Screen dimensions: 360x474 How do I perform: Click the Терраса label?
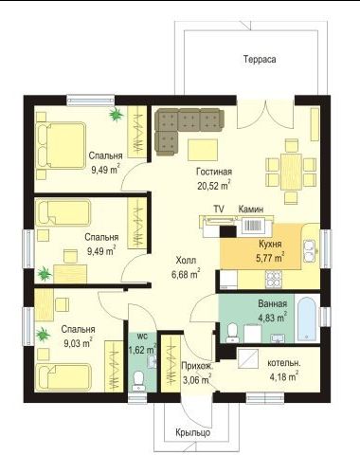tap(260, 59)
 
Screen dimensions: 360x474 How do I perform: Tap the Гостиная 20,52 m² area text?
tap(214, 179)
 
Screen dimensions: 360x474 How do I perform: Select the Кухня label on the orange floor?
tap(270, 244)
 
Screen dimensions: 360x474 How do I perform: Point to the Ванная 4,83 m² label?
tap(273, 311)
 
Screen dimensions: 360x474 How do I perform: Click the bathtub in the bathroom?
tap(307, 318)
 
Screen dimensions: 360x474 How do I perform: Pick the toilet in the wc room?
tap(138, 381)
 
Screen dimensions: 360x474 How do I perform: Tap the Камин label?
tap(251, 209)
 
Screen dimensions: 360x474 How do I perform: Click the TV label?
tap(219, 209)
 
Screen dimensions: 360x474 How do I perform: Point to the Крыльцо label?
tap(193, 432)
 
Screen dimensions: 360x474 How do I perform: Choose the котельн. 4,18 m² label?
tap(284, 370)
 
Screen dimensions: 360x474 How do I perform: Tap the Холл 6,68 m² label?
tap(186, 267)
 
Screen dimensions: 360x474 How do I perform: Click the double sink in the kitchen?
tap(309, 251)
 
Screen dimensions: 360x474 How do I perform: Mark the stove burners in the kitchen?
tap(273, 280)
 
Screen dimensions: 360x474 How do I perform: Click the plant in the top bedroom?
tap(117, 114)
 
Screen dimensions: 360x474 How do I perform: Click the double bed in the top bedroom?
tap(62, 145)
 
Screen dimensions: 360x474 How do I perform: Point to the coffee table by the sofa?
tap(203, 150)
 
